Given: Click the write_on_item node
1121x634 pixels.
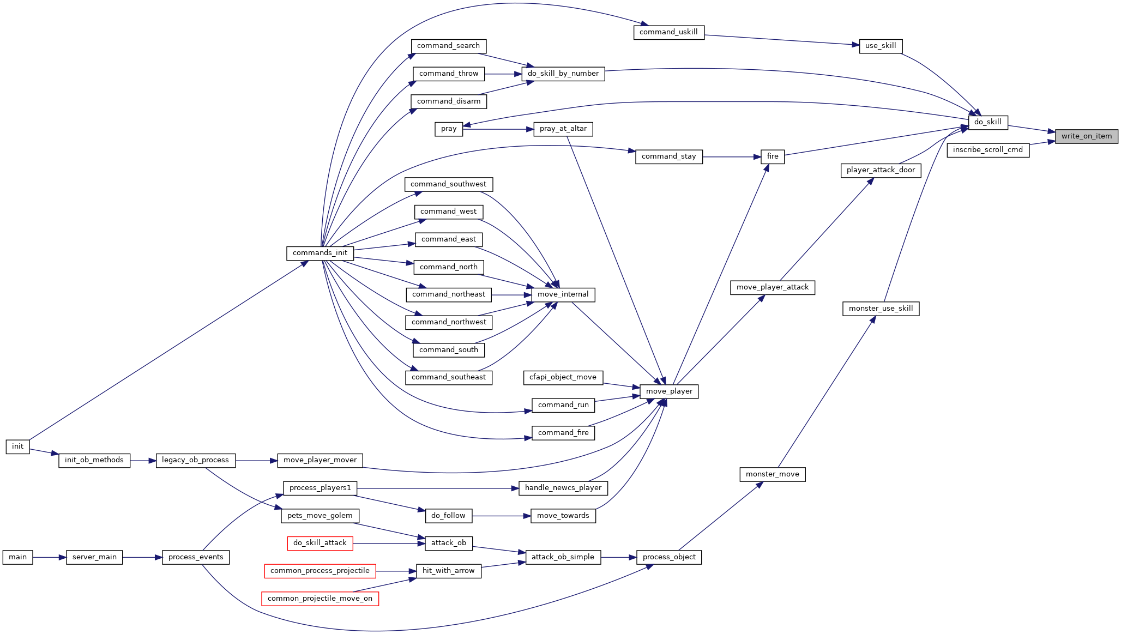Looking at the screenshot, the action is (1087, 136).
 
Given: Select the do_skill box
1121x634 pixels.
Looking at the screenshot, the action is (988, 122).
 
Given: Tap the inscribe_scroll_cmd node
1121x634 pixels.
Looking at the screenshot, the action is (988, 150).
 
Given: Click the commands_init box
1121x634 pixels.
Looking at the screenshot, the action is (320, 253).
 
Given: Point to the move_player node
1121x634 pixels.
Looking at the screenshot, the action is (669, 391).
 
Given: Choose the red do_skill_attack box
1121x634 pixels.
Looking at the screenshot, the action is (320, 543).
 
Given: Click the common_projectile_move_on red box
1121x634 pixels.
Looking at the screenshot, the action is (320, 599).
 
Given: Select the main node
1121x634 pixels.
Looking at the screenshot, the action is (18, 557).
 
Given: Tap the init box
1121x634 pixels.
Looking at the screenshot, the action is (18, 446).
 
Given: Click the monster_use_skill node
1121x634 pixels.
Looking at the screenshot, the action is (881, 309).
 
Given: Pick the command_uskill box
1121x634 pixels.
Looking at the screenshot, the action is (669, 32).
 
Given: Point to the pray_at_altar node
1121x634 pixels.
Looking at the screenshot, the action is (563, 129).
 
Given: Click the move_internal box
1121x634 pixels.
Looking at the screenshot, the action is (563, 295).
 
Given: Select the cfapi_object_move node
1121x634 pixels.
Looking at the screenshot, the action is (563, 377).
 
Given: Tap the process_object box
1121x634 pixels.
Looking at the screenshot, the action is (669, 557).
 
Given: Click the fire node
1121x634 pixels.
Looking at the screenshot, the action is (773, 157).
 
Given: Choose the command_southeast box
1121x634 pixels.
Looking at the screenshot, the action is (449, 377).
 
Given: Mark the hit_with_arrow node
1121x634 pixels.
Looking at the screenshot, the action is (449, 571).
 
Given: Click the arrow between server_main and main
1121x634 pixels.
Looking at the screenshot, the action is (50, 558).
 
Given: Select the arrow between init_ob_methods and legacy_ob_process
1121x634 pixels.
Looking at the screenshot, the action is (143, 461).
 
